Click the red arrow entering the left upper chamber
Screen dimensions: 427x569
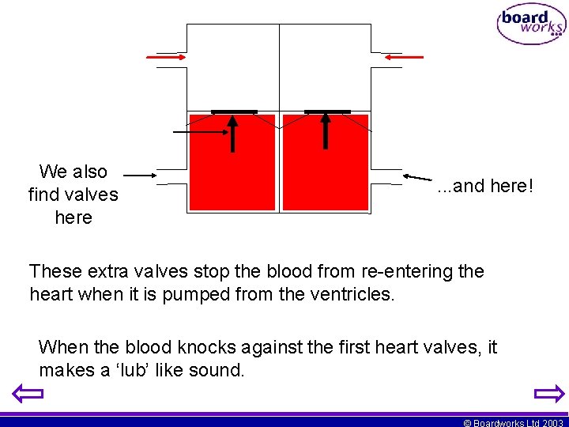pyautogui.click(x=164, y=57)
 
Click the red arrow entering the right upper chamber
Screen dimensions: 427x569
pyautogui.click(x=404, y=57)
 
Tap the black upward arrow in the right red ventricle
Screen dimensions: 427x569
pyautogui.click(x=326, y=131)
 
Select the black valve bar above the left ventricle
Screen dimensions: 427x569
pyautogui.click(x=233, y=111)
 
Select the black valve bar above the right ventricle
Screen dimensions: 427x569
pyautogui.click(x=327, y=111)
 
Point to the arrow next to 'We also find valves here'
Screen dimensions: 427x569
pyautogui.click(x=140, y=175)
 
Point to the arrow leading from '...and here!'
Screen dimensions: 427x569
pyautogui.click(x=418, y=179)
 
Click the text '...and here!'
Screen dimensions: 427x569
pyautogui.click(x=485, y=187)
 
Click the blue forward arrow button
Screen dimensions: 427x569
pyautogui.click(x=548, y=393)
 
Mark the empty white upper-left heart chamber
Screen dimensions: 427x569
pyautogui.click(x=232, y=67)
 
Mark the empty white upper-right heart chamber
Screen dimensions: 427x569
pyautogui.click(x=326, y=67)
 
